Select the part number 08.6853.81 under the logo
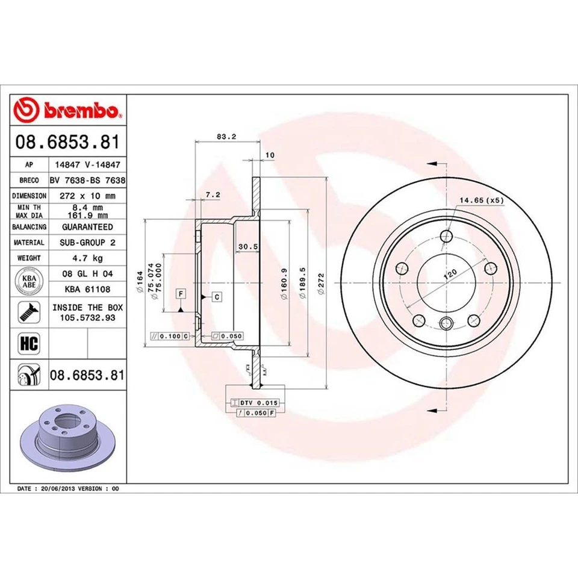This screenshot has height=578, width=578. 68,143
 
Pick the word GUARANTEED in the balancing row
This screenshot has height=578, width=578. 87,227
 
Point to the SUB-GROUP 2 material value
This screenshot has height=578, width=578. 87,242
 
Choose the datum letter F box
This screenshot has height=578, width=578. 180,294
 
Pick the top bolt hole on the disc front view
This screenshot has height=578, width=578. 446,236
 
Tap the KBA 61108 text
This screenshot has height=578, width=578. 87,289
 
